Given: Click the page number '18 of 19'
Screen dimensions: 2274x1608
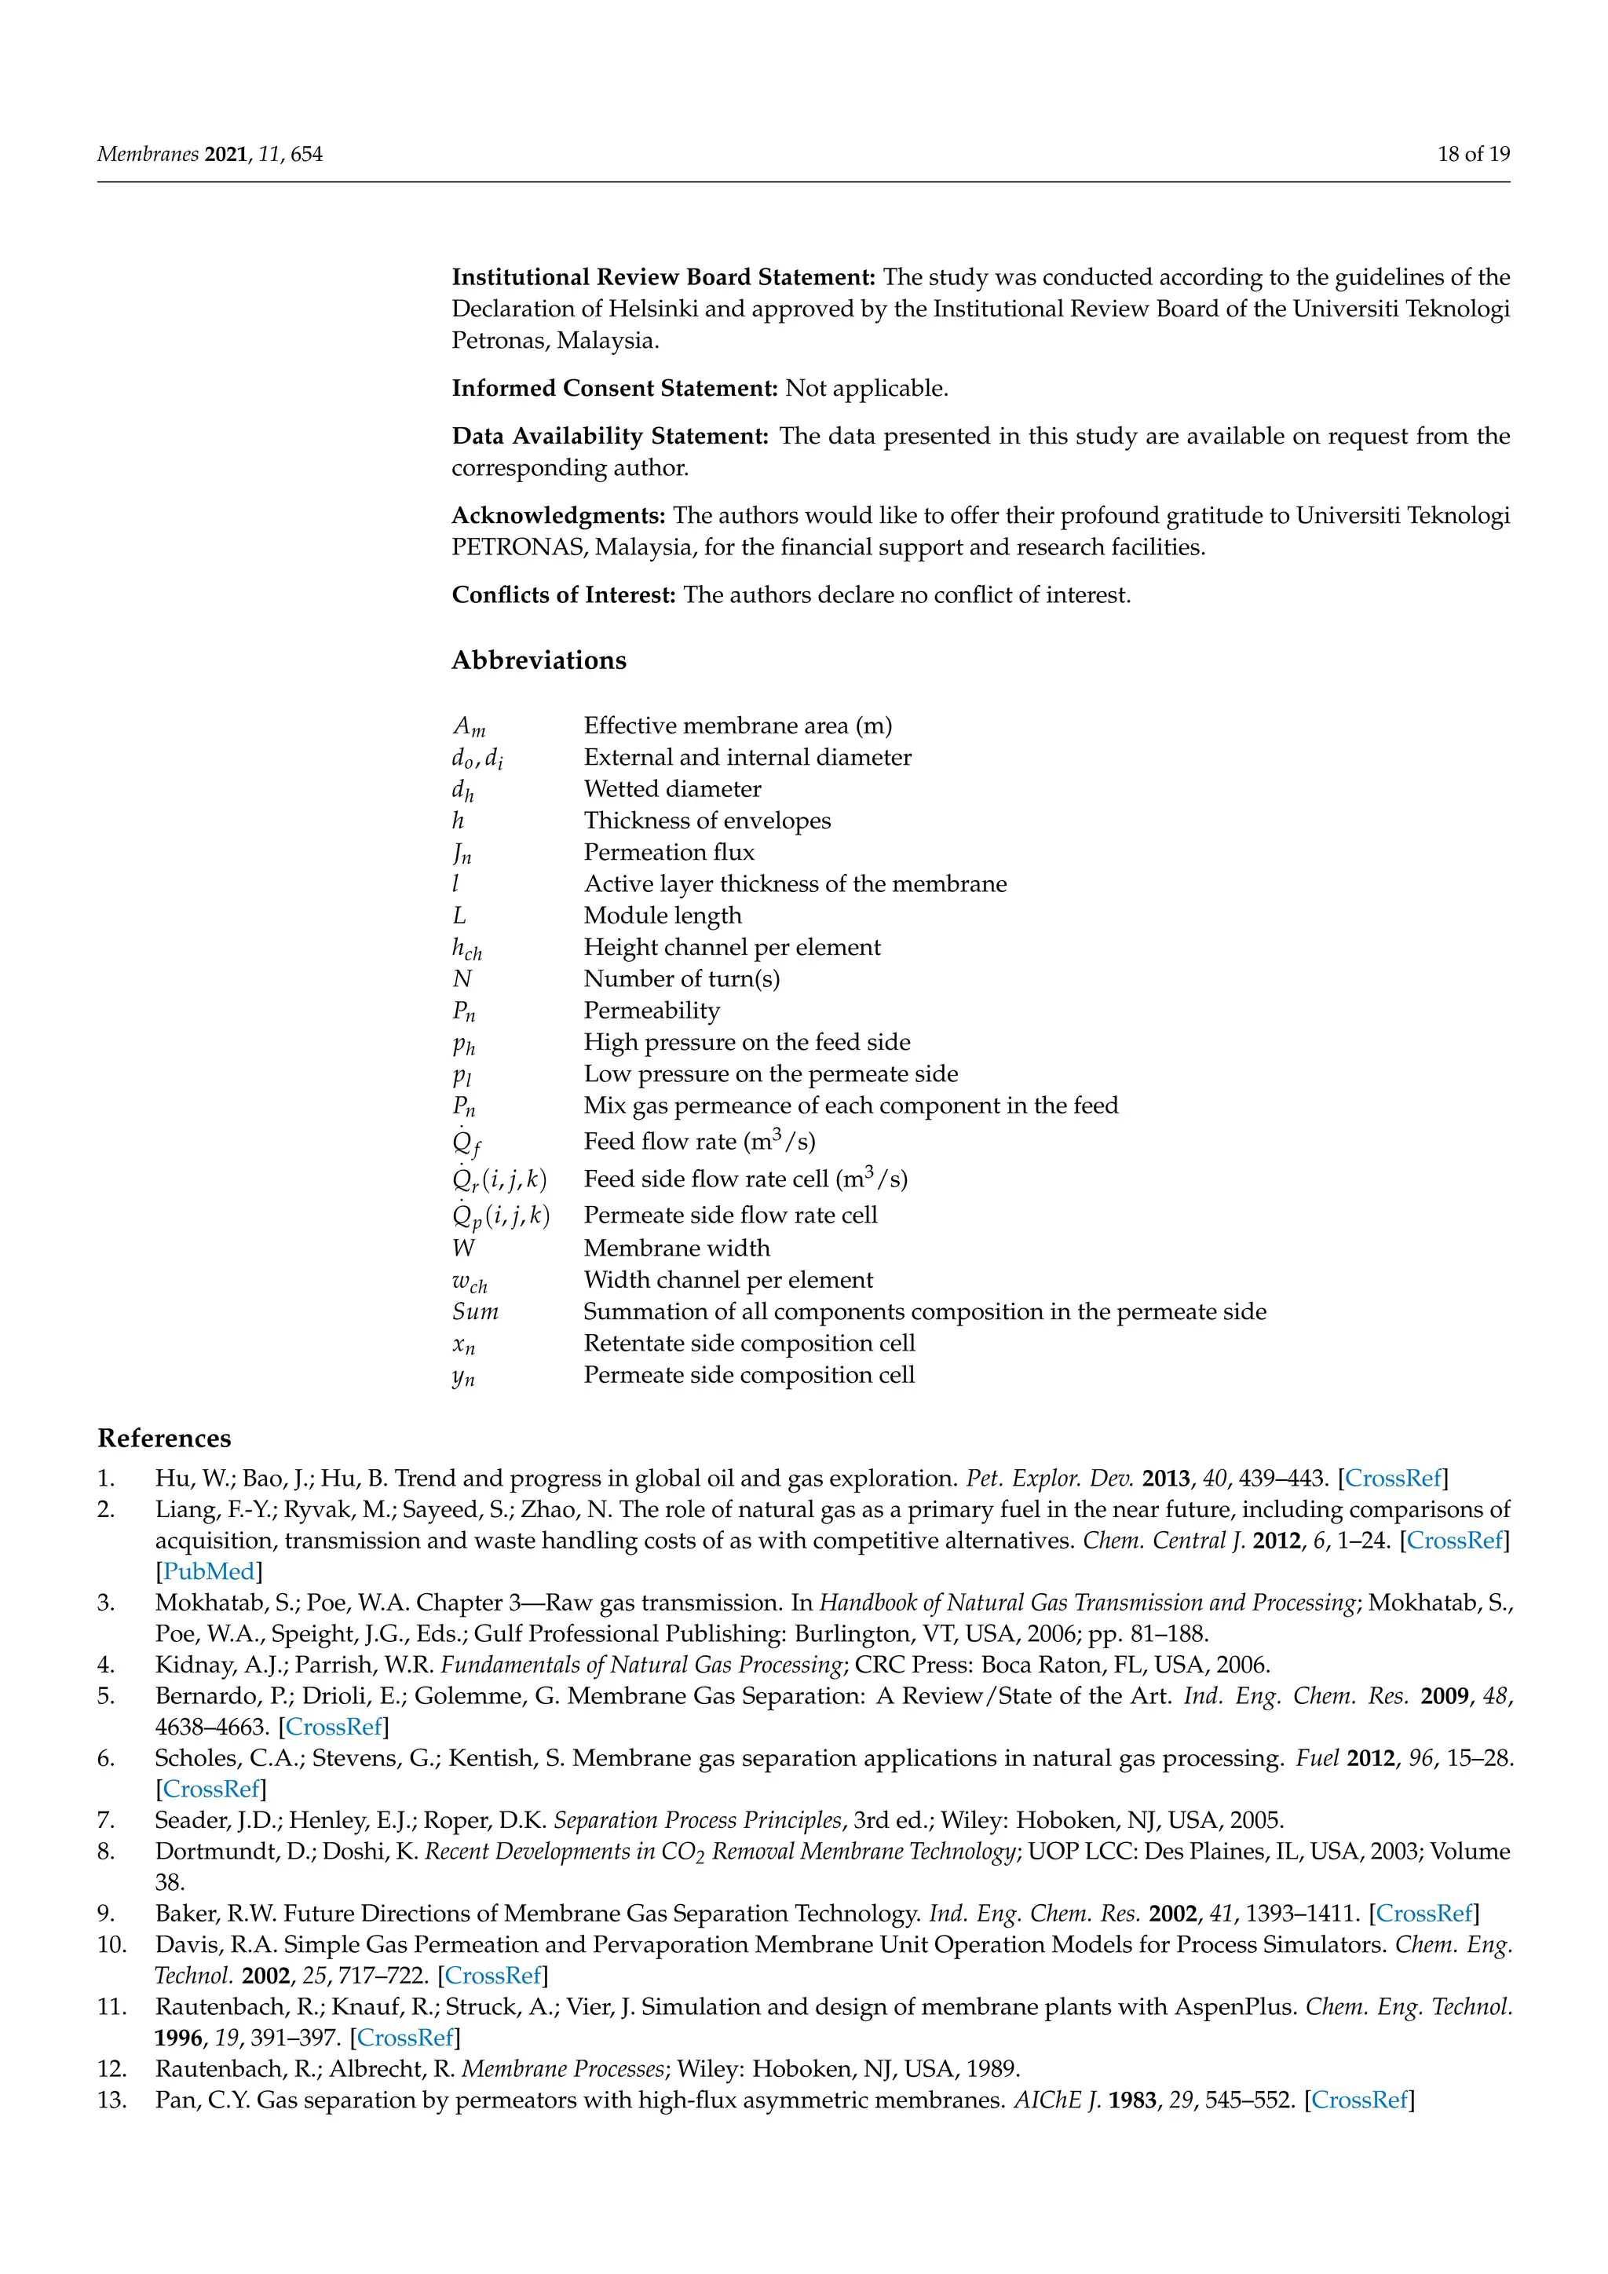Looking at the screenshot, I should pos(1473,154).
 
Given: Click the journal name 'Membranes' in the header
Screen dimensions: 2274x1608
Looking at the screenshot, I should pos(148,154).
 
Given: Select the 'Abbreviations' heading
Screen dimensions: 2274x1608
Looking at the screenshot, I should pos(539,660).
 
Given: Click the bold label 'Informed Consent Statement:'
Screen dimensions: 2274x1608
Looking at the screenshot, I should pos(615,388).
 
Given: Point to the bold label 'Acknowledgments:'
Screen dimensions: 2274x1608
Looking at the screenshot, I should pos(558,515).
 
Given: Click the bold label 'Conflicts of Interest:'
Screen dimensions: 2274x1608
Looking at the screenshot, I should pos(564,595).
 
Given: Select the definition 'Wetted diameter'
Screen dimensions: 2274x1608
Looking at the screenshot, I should pos(672,789).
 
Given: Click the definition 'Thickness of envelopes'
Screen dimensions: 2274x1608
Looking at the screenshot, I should pos(707,821).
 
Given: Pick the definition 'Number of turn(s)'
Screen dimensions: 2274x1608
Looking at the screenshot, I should pos(682,979).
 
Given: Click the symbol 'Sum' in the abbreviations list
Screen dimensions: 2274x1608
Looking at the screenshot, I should pos(475,1312).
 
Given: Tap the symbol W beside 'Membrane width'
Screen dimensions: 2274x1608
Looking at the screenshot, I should pos(463,1249).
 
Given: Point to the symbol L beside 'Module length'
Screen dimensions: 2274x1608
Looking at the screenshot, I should pos(459,916).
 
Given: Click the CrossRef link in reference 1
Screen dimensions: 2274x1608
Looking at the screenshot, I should pos(1393,1479).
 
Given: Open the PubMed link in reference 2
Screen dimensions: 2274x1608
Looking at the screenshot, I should pos(209,1572).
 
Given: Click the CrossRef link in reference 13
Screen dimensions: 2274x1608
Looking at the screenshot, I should pos(1359,2100).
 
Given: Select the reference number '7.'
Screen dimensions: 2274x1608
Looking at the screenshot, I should pos(106,1820).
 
